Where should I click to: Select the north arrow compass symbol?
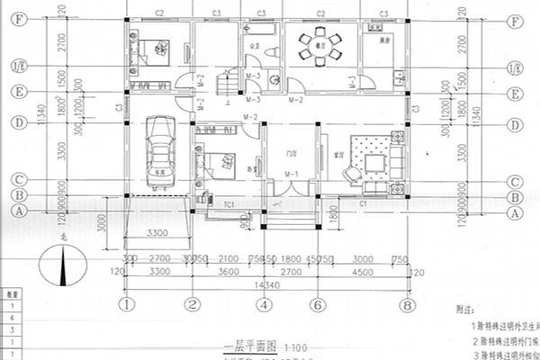62,267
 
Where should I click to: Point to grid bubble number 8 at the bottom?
410,304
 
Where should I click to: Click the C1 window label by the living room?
362,206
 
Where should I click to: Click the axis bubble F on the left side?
15,20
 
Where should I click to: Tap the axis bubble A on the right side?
516,212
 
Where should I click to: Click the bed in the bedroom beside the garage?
215,163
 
